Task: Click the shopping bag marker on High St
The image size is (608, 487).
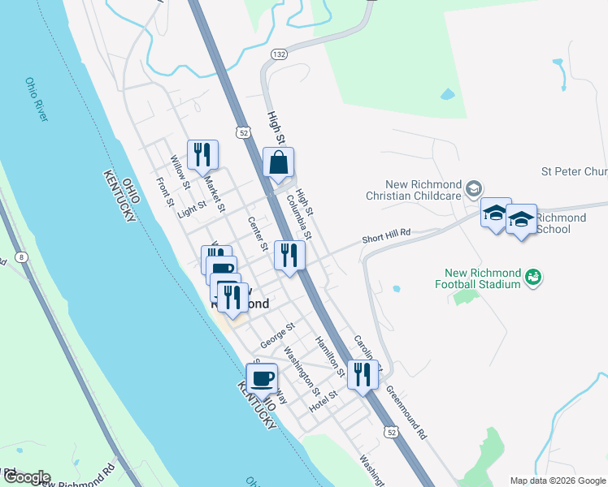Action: (x=278, y=162)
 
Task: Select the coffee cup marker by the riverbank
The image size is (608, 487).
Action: (x=262, y=379)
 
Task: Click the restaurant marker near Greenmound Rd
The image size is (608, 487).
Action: (x=363, y=374)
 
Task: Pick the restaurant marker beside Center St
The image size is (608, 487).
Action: (x=289, y=255)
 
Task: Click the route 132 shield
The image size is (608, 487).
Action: (x=279, y=54)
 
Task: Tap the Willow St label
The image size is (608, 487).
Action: (x=180, y=169)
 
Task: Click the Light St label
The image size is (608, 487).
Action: (x=192, y=210)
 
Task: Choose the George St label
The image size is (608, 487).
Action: (x=277, y=333)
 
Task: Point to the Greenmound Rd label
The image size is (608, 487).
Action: (x=406, y=412)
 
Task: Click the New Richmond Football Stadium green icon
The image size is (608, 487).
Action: (x=533, y=278)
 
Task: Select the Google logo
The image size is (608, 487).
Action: (x=26, y=477)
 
